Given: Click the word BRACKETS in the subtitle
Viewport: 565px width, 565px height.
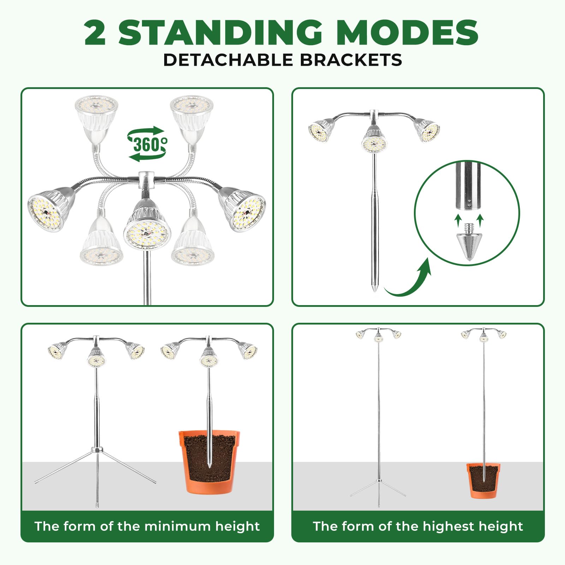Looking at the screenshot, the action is pyautogui.click(x=351, y=60).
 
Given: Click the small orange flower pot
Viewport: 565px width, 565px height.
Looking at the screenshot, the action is pyautogui.click(x=483, y=480).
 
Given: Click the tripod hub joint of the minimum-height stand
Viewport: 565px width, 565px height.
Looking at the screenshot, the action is pyautogui.click(x=97, y=450).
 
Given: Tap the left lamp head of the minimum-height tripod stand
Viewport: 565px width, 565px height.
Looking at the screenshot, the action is pyautogui.click(x=58, y=350).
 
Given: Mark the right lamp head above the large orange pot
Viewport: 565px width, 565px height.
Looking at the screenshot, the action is pyautogui.click(x=248, y=350).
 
